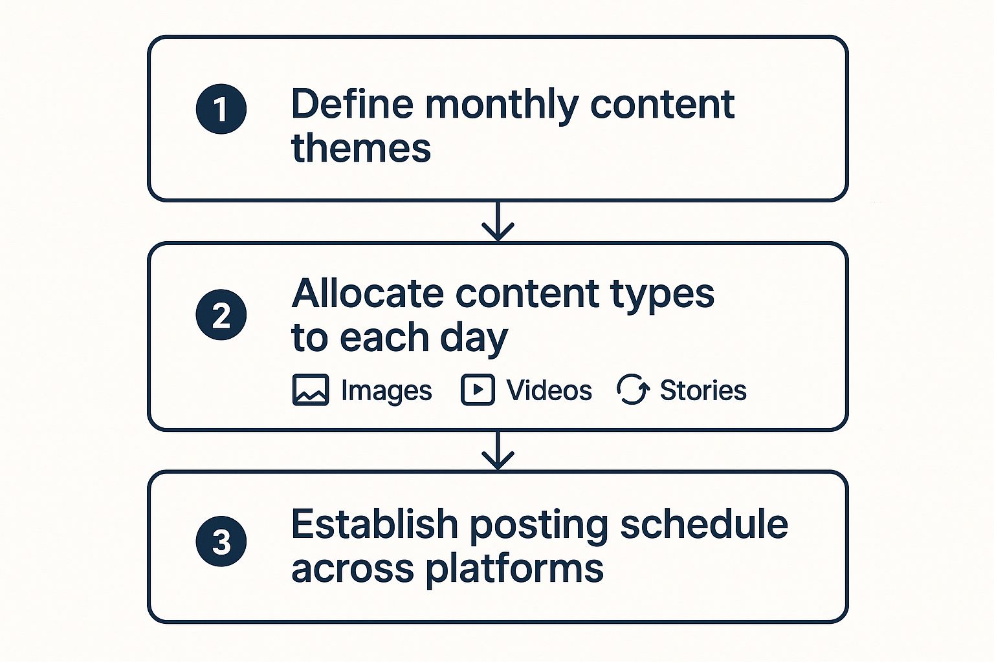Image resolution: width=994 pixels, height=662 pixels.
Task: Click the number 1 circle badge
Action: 221,109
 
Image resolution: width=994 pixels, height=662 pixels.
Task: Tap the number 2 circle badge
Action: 221,314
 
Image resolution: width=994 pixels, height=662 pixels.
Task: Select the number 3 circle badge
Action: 221,541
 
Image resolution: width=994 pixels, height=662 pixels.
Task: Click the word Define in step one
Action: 352,103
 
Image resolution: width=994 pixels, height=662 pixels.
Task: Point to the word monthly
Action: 502,107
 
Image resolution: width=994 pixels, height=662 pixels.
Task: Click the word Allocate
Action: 368,294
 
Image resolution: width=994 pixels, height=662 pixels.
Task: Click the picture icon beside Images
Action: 311,390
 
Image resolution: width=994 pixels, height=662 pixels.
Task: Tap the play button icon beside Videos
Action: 478,390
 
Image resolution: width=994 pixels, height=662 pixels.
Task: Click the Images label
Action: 386,391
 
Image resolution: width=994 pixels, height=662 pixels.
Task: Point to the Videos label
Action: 549,390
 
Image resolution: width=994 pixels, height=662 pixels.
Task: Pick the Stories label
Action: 703,390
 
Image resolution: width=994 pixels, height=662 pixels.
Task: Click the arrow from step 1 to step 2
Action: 498,221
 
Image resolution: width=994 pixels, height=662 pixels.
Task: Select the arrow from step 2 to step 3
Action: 498,449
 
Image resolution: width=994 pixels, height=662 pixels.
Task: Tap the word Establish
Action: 375,524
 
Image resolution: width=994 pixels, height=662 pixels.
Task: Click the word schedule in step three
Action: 704,524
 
